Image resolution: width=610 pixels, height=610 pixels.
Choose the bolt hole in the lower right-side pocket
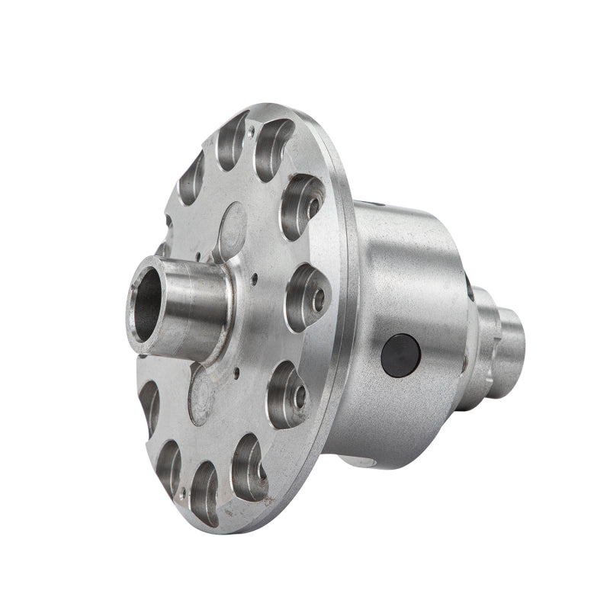pyautogui.click(x=300, y=394)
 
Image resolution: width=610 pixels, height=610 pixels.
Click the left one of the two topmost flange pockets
pyautogui.click(x=233, y=141)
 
